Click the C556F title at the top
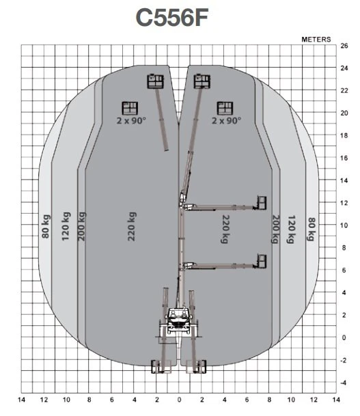[x=172, y=18]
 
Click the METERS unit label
[x=316, y=40]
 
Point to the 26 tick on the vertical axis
[x=344, y=46]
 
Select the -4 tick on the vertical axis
[x=344, y=383]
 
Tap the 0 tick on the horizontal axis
[x=180, y=400]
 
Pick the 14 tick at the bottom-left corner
[x=21, y=400]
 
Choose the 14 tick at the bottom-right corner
[x=336, y=400]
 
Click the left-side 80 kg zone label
[x=46, y=226]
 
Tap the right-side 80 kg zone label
[x=311, y=230]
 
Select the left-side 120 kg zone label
[x=66, y=226]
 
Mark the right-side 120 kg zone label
[x=291, y=230]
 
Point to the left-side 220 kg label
[x=132, y=226]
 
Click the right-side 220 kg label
[x=225, y=230]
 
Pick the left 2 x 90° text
[x=131, y=121]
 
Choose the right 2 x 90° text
[x=226, y=121]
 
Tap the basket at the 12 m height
[x=262, y=203]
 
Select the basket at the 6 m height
[x=262, y=262]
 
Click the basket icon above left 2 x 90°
[x=130, y=108]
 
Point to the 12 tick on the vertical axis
[x=344, y=203]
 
